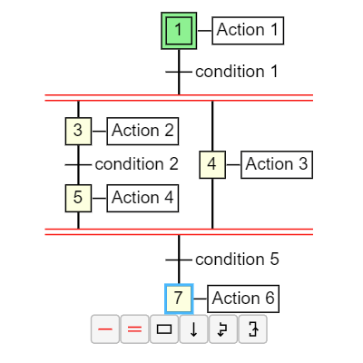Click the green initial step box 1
[179, 30]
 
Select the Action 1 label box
[248, 30]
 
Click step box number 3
[78, 131]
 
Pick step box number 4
[212, 164]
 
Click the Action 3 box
[277, 164]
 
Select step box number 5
[78, 197]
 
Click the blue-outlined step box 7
[179, 298]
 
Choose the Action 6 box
[243, 298]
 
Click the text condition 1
[236, 71]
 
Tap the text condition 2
[136, 164]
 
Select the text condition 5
[236, 260]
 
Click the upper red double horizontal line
[179, 97]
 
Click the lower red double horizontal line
[179, 231]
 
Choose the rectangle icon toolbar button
[164, 329]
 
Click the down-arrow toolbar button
[193, 329]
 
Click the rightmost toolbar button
[252, 329]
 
